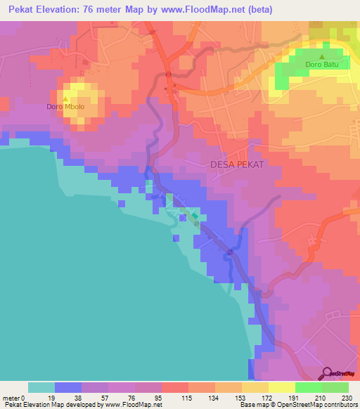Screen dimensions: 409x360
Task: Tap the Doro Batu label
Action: point(322,66)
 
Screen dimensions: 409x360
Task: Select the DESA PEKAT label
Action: point(237,164)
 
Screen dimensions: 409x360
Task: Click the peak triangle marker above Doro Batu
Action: point(322,57)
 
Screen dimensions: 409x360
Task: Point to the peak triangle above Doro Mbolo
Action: point(66,98)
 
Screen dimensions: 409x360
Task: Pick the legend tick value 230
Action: point(347,398)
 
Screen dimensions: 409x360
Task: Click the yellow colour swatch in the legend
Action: point(281,387)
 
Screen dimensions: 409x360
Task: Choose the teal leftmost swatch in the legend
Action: point(41,387)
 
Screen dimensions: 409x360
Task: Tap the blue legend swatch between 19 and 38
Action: point(68,387)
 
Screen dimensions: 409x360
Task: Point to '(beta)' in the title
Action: point(258,10)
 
